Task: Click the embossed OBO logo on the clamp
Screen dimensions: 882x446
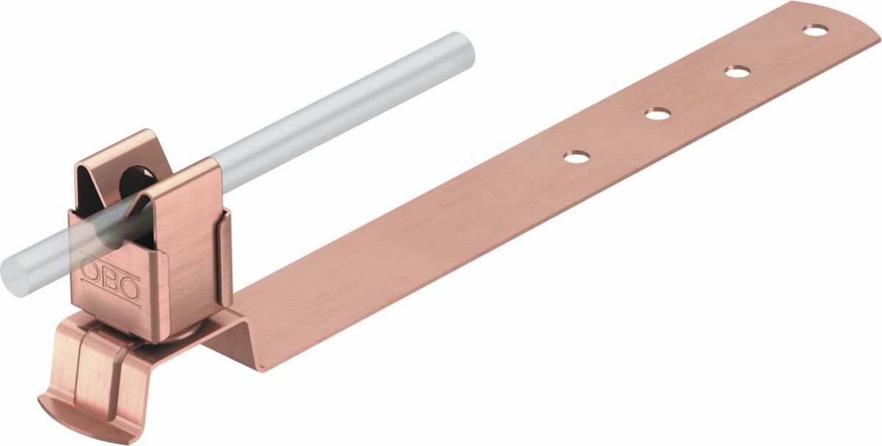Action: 110,280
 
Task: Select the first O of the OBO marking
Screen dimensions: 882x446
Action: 90,273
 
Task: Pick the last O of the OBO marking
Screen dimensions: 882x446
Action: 129,289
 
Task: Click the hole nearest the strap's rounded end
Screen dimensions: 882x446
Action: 815,31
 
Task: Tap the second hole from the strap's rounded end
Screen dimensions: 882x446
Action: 738,71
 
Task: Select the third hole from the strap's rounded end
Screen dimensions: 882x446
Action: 658,114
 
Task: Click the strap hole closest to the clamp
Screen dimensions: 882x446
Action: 577,157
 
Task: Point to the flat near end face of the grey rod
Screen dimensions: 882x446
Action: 15,271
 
